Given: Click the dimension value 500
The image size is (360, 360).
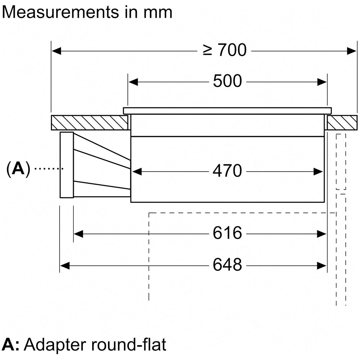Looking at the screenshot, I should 227,81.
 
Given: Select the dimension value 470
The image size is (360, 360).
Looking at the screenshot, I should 227,171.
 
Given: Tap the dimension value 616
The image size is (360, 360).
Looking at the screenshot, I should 227,234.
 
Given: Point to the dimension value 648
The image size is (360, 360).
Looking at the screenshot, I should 227,265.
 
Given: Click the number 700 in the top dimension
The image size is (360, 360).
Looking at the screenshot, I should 231,50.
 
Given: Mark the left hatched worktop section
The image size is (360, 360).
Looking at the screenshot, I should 89,123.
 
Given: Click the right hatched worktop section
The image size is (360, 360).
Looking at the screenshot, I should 342,122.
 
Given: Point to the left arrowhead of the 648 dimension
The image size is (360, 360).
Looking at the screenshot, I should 64,266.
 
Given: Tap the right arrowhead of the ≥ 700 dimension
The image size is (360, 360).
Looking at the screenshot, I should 352,51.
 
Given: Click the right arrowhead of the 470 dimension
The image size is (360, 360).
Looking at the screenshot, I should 318,171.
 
